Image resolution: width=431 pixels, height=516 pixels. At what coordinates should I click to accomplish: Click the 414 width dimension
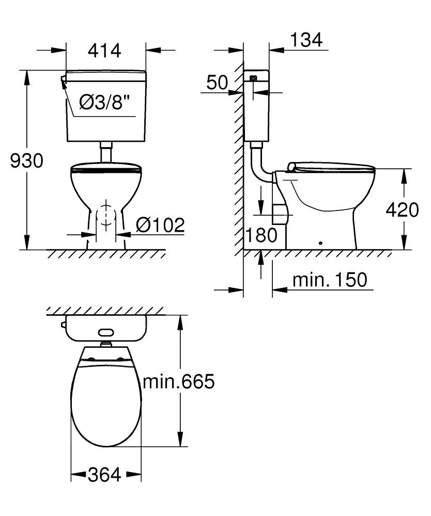tap(104, 51)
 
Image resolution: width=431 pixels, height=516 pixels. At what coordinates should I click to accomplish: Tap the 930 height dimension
tap(26, 161)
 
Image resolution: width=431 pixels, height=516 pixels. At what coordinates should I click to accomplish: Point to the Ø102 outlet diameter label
tap(160, 225)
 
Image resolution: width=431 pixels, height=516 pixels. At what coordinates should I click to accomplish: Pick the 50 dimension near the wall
tap(217, 83)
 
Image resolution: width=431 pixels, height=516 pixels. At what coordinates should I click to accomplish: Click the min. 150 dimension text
tap(329, 280)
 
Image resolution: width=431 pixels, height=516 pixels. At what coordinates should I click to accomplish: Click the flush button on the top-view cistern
tap(106, 333)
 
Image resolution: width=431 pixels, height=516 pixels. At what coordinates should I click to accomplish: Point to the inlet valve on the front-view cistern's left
tap(63, 79)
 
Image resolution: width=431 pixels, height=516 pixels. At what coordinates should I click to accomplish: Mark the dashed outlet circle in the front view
tap(106, 215)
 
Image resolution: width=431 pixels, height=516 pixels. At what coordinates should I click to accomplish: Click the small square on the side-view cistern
tap(253, 79)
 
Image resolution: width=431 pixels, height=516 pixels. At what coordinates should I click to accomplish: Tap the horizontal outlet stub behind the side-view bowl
tap(279, 213)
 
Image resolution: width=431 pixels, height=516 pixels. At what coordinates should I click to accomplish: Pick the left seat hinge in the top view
tap(92, 359)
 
